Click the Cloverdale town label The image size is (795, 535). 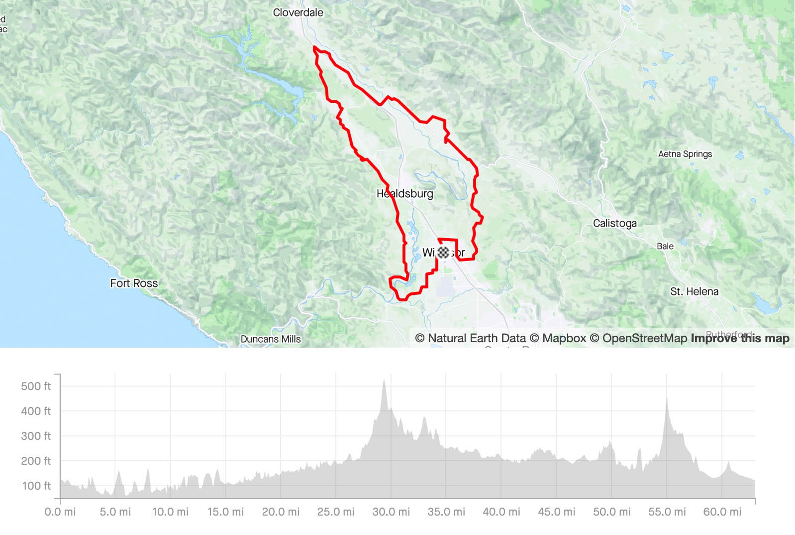point(298,12)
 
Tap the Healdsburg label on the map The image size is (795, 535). point(404,194)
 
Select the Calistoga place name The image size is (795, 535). point(614,223)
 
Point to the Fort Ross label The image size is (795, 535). point(134,283)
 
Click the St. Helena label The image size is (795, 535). point(694,291)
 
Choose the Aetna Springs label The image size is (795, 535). point(685,154)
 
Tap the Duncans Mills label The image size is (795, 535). point(271,339)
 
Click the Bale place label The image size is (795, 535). point(665,246)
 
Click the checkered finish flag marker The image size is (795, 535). point(443,252)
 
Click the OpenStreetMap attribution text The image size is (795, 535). point(644,338)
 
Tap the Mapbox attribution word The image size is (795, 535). point(564,338)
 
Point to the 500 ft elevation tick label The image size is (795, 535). point(36,386)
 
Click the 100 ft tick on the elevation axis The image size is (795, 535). point(36,486)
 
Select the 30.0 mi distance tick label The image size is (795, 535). point(391,512)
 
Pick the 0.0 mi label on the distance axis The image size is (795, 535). point(60,512)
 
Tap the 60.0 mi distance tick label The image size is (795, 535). point(722,512)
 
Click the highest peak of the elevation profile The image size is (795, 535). point(384,382)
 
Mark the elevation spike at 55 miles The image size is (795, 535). point(667,399)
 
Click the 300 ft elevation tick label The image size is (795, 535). point(36,436)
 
